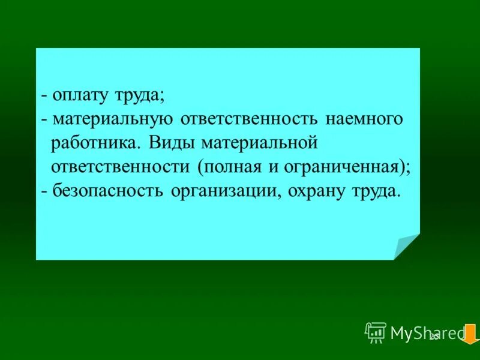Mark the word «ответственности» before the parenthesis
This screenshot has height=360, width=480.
click(x=121, y=167)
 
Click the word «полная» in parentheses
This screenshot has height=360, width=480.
click(x=232, y=167)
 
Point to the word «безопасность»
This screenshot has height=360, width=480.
click(x=110, y=191)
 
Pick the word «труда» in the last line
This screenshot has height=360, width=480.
click(x=377, y=191)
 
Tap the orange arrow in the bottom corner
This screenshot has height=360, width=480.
click(x=470, y=334)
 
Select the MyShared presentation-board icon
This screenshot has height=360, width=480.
click(x=376, y=332)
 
